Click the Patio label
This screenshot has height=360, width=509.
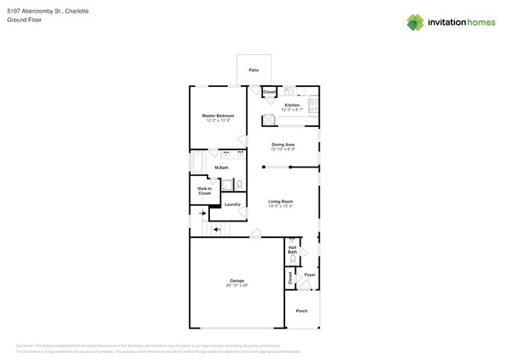point(254,70)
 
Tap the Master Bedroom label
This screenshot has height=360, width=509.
point(218,116)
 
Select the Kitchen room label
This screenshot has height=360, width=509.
point(292,105)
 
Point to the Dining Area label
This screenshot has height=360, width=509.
point(283,145)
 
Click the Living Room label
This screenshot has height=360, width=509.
point(280,202)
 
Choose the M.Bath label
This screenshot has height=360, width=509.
point(222,167)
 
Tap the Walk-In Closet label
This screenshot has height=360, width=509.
point(204,191)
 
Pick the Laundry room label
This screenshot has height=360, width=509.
point(233,204)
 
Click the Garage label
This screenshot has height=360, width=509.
point(236,280)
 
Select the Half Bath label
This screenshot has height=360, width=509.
point(292,250)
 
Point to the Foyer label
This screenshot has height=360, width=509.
point(310,275)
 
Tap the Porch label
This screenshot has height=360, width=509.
point(301,311)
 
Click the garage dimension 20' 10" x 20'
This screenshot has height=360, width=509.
point(236,286)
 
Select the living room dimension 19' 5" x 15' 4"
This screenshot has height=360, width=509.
point(280,207)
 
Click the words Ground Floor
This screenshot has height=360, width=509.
point(24,20)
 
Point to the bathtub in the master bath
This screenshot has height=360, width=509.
point(197,164)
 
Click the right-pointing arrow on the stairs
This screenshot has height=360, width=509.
point(203,212)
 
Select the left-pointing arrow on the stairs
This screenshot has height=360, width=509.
point(217,229)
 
